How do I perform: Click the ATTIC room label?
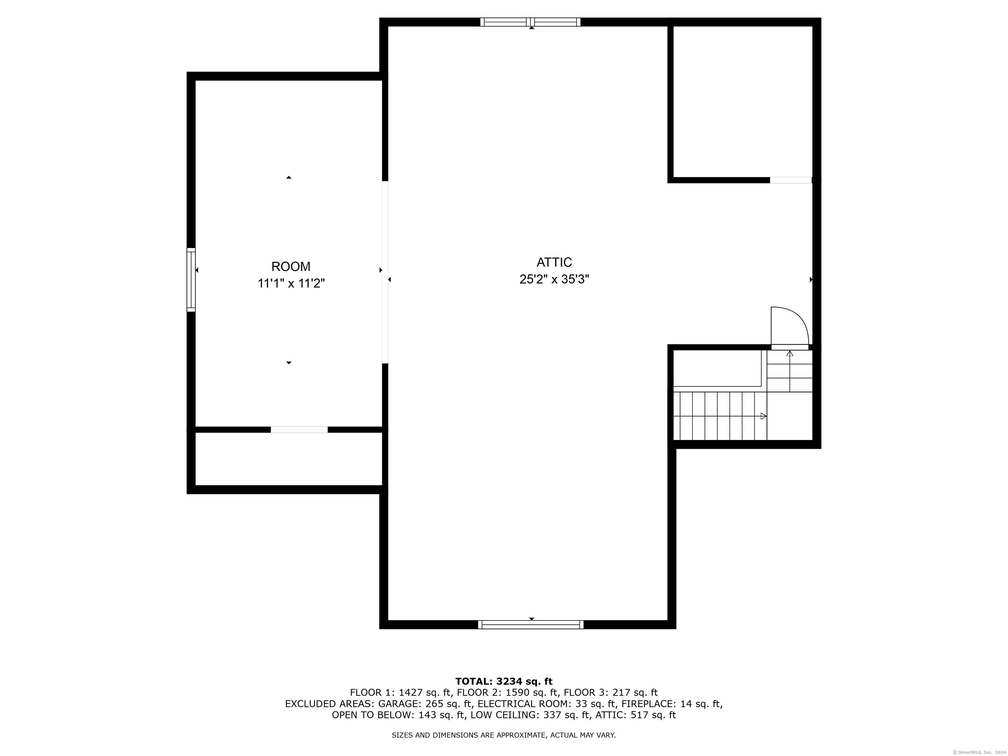pyautogui.click(x=554, y=262)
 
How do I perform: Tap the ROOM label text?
pyautogui.click(x=291, y=266)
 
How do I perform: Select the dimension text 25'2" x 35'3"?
pyautogui.click(x=554, y=279)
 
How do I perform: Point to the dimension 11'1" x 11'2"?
pyautogui.click(x=291, y=283)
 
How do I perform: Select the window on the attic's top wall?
pyautogui.click(x=531, y=22)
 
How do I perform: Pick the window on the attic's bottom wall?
pyautogui.click(x=531, y=624)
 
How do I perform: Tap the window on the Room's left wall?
pyautogui.click(x=191, y=280)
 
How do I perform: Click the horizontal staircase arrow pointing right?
pyautogui.click(x=720, y=416)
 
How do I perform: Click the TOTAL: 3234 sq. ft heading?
pyautogui.click(x=504, y=681)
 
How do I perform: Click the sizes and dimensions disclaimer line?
pyautogui.click(x=504, y=735)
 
